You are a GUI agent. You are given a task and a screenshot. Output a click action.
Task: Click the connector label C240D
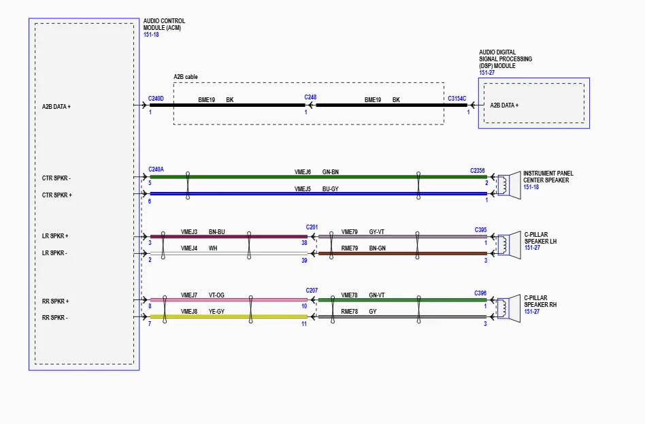pyautogui.click(x=156, y=99)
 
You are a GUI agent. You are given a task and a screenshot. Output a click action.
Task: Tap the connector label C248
pyautogui.click(x=310, y=97)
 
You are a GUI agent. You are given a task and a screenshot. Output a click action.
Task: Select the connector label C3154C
pyautogui.click(x=457, y=99)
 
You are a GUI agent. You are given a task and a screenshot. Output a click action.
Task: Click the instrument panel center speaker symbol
pyautogui.click(x=509, y=185)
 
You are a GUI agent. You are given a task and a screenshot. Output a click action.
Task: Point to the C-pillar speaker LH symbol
pyautogui.click(x=509, y=245)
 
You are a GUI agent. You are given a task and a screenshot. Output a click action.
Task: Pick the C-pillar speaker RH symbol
pyautogui.click(x=509, y=309)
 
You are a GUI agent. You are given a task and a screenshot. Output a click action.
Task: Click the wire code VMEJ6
pyautogui.click(x=303, y=172)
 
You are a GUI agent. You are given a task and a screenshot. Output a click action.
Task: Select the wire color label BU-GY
pyautogui.click(x=330, y=189)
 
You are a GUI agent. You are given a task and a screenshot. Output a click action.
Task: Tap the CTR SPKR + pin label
pyautogui.click(x=56, y=195)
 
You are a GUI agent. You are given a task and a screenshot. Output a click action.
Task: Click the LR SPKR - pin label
pyautogui.click(x=54, y=253)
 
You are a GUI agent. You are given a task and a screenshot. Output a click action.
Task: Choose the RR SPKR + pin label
pyautogui.click(x=56, y=301)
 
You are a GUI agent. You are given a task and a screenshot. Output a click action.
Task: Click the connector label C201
pyautogui.click(x=312, y=227)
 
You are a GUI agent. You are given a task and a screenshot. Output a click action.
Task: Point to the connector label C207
pyautogui.click(x=312, y=291)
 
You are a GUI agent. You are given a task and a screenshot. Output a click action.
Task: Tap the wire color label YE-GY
pyautogui.click(x=216, y=312)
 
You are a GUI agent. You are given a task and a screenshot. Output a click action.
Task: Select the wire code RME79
pyautogui.click(x=349, y=248)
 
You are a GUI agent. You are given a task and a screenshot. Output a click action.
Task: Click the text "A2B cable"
pyautogui.click(x=186, y=77)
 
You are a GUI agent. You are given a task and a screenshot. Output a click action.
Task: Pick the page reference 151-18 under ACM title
pyautogui.click(x=151, y=35)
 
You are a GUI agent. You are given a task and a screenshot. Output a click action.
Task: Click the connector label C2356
pyautogui.click(x=478, y=171)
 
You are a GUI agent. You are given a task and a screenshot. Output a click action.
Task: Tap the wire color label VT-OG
pyautogui.click(x=216, y=295)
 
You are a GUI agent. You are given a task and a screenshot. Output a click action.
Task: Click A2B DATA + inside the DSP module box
pyautogui.click(x=504, y=105)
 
